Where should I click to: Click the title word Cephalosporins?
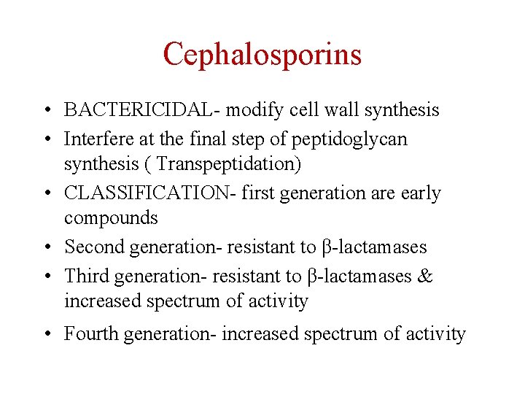click(x=262, y=54)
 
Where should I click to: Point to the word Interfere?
click(x=96, y=139)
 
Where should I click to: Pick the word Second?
click(x=94, y=247)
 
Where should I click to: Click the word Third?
click(x=87, y=276)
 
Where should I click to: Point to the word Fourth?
click(x=91, y=334)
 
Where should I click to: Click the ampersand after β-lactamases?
click(x=426, y=276)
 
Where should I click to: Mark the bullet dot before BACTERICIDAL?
click(x=46, y=111)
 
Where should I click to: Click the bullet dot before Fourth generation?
click(x=46, y=335)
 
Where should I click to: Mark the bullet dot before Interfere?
click(x=46, y=139)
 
